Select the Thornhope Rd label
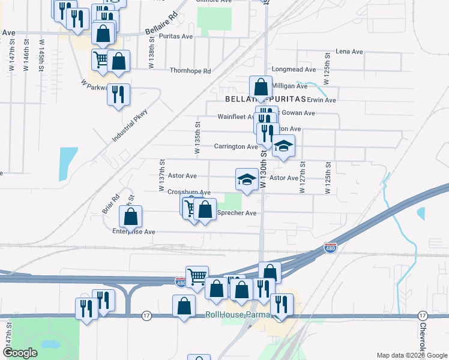190,71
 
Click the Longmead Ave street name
291,70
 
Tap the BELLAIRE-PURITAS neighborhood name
265,98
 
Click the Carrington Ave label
236,146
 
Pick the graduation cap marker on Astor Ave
246,179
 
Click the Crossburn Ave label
188,192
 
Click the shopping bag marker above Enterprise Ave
130,217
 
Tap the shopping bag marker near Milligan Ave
261,88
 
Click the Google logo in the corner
20,353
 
